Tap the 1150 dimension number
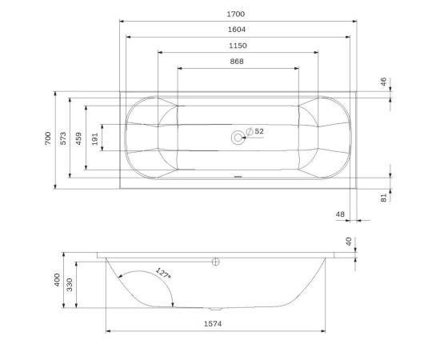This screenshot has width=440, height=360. click(x=238, y=46)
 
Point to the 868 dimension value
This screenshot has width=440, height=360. click(x=237, y=62)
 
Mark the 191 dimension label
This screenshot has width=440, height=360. click(x=95, y=139)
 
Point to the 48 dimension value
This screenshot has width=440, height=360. click(x=340, y=214)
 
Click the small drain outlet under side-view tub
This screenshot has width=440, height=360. click(x=214, y=308)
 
